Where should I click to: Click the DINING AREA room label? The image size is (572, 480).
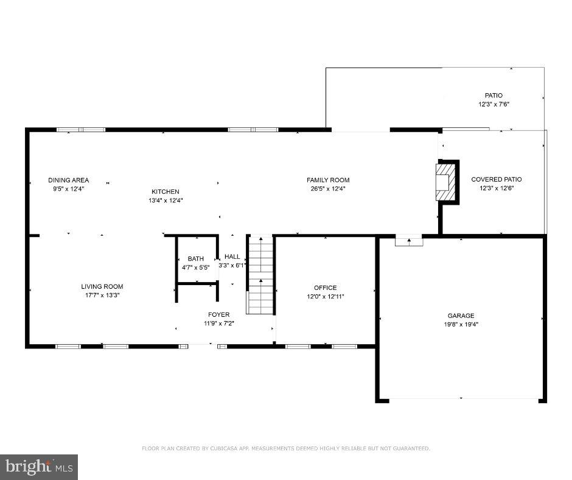pos(69,180)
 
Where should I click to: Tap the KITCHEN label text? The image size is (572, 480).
pos(166,192)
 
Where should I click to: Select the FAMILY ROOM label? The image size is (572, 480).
pos(327,180)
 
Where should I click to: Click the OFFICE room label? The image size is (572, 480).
pos(325,288)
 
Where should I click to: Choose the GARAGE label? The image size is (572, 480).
pos(461,316)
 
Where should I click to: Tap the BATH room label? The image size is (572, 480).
pos(195,259)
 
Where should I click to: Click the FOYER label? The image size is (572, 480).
pos(219,314)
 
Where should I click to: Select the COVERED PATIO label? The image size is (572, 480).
pos(497,179)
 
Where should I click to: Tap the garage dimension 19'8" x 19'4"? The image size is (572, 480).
pos(461,325)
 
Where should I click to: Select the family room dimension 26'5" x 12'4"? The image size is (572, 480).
pos(327,189)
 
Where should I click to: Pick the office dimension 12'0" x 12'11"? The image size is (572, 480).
pos(325,296)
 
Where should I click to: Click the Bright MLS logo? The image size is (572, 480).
pos(38,467)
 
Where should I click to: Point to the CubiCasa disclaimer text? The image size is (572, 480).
pos(286,448)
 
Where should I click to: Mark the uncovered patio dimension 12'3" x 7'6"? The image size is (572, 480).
pos(494,104)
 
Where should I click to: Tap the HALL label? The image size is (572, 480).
pos(232,256)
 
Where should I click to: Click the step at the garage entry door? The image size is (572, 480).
pos(408,241)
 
